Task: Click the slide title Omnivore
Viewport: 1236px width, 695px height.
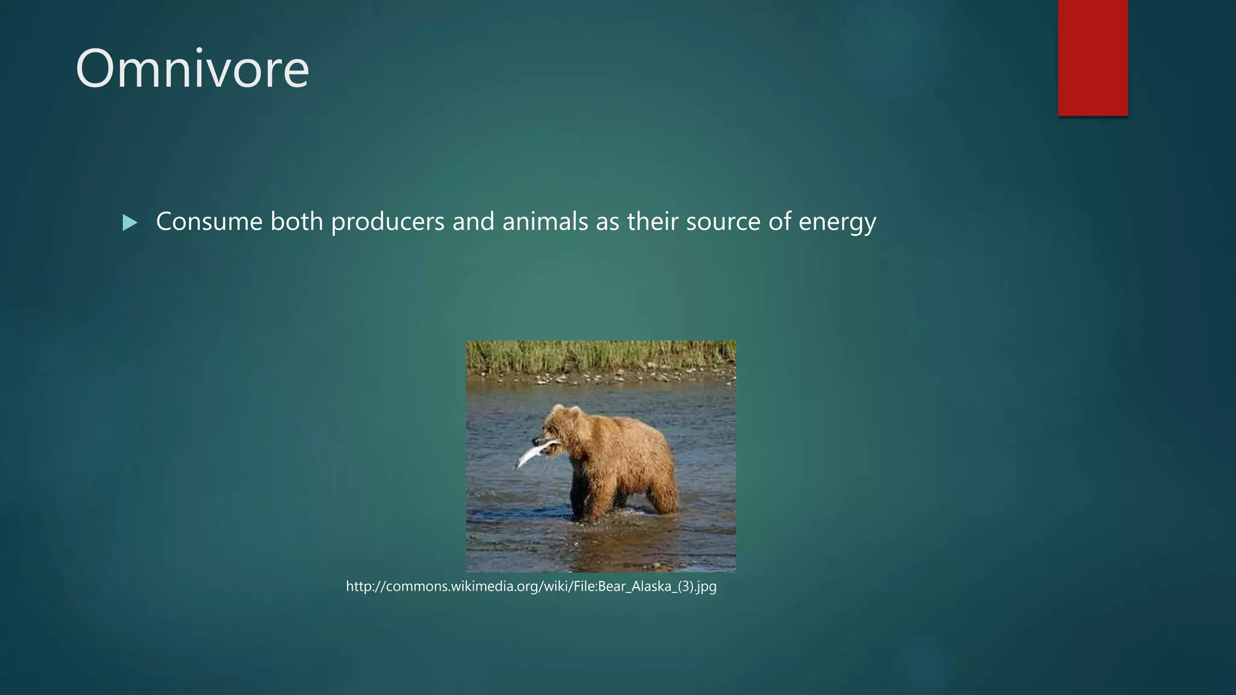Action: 192,69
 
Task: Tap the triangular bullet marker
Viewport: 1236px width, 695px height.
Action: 129,223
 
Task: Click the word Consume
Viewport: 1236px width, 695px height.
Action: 209,221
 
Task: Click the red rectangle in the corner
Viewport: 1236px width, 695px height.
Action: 1092,58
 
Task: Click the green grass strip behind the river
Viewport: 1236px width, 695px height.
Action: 600,356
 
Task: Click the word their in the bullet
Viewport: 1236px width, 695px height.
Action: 652,221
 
